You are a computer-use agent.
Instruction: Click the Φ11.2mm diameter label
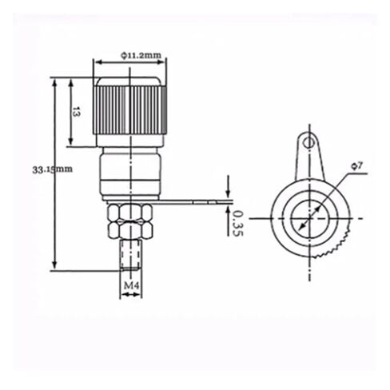coord(141,55)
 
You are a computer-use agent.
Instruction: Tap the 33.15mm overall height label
coord(52,169)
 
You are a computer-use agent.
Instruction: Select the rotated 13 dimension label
coord(76,112)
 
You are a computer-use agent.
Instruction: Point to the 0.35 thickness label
coord(237,223)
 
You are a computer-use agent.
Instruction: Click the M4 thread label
coord(131,285)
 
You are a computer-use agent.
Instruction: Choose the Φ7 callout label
coord(357,166)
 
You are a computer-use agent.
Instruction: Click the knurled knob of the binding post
coord(129,106)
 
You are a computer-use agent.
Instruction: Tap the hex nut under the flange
coord(130,221)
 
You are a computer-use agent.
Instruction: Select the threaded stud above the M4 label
coord(130,255)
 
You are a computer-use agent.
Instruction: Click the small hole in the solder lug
coord(308,142)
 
